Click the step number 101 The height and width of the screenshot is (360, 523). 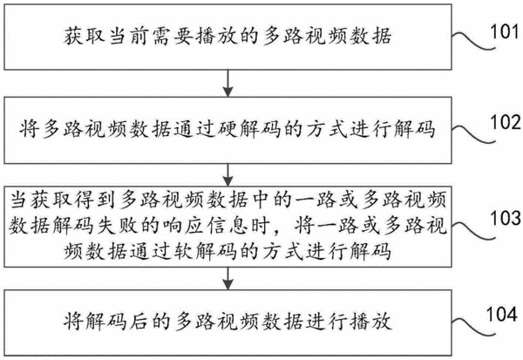tap(505, 32)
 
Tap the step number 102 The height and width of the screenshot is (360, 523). tap(505, 122)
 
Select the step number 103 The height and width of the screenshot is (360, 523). tap(505, 218)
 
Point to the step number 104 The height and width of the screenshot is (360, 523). tap(502, 315)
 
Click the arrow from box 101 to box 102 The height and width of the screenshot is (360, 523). tap(228, 83)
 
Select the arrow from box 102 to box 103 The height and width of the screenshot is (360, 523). tap(228, 175)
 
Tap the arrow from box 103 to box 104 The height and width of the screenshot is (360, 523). tap(228, 278)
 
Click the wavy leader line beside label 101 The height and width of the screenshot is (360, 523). tap(473, 41)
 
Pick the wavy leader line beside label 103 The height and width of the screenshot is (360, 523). tap(473, 230)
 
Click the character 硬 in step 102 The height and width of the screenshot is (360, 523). tap(227, 129)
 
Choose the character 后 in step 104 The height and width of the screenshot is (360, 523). tap(139, 321)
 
